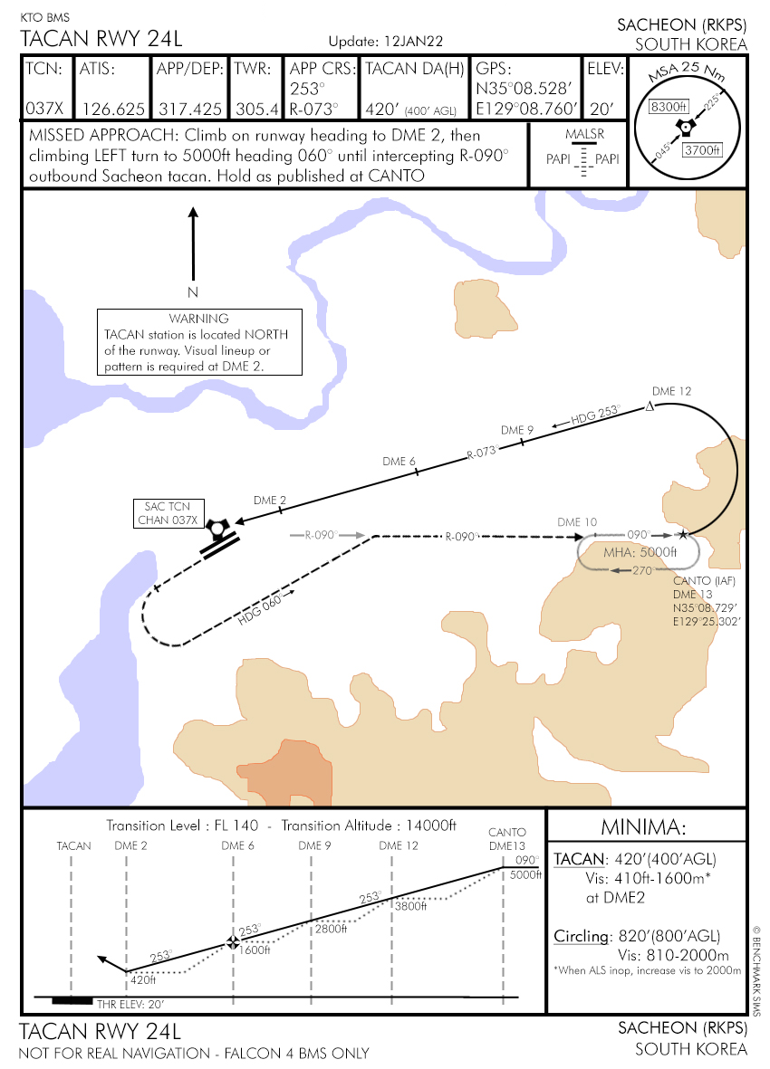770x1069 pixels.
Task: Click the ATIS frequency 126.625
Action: pyautogui.click(x=114, y=109)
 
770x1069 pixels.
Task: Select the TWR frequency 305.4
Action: pyautogui.click(x=256, y=109)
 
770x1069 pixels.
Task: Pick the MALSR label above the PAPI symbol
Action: pyautogui.click(x=582, y=135)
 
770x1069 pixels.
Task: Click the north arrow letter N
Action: pyautogui.click(x=192, y=292)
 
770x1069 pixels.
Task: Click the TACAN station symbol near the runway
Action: pyautogui.click(x=216, y=528)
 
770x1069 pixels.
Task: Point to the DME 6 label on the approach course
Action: pyautogui.click(x=399, y=462)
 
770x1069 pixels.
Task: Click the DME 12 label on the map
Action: pyautogui.click(x=671, y=391)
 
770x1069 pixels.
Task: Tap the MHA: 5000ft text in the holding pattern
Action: pyautogui.click(x=640, y=552)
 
